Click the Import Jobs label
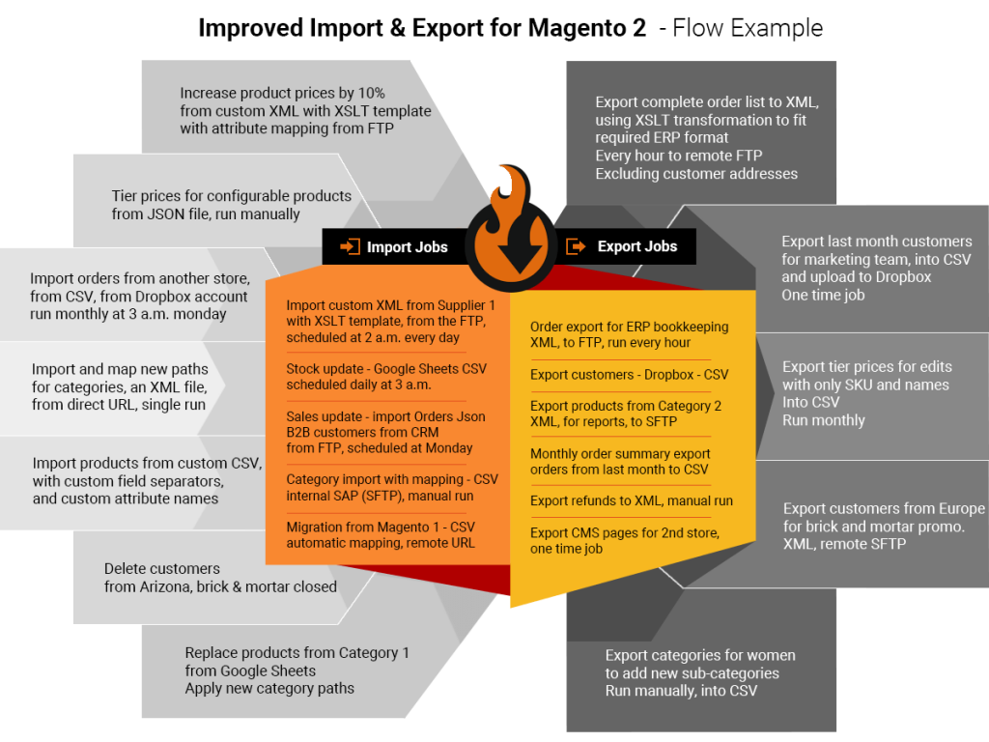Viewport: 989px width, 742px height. [x=407, y=247]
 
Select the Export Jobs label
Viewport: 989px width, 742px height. [x=636, y=246]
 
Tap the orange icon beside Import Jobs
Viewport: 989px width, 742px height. [x=350, y=247]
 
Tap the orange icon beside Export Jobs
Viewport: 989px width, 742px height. [x=576, y=246]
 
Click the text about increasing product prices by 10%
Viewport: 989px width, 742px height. [x=305, y=110]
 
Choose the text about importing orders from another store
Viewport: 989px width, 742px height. [x=140, y=296]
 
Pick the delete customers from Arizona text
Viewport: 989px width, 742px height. [x=220, y=578]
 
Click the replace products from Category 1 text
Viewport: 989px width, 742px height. [x=297, y=671]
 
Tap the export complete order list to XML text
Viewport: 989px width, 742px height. [x=707, y=138]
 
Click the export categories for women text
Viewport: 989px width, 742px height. [x=700, y=672]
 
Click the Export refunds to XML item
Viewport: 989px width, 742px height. [x=631, y=500]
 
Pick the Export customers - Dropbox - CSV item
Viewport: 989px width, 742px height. [x=629, y=374]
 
